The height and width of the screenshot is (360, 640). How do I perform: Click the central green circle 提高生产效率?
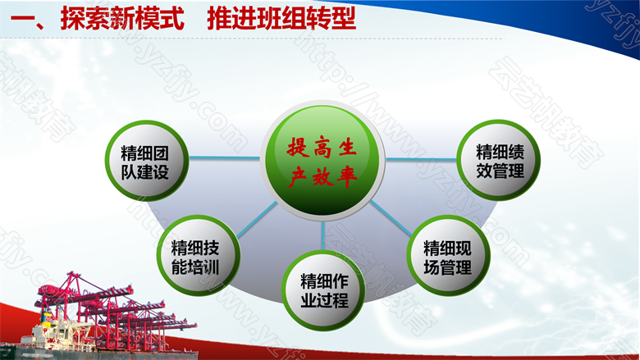point(322,161)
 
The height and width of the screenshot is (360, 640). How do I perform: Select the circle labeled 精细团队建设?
point(147,161)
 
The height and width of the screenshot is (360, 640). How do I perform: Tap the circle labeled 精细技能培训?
point(199,256)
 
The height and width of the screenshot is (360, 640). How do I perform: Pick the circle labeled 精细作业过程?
point(323,290)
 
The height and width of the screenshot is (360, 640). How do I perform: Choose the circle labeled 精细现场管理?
point(449,256)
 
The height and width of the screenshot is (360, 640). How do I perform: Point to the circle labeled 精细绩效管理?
point(498,160)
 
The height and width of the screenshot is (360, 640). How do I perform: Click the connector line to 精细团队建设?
point(224,157)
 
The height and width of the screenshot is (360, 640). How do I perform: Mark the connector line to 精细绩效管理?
point(421,159)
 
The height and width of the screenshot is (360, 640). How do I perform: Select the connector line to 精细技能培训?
point(257,219)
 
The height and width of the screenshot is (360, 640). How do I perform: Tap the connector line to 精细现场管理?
point(391,218)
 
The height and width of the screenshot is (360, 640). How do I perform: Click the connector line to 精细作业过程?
point(322,235)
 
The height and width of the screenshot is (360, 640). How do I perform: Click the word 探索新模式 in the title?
point(122,19)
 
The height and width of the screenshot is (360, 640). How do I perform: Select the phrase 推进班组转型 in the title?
point(281,19)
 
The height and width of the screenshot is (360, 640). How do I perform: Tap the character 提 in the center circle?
point(297,147)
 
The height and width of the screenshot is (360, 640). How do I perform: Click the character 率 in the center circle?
point(347,177)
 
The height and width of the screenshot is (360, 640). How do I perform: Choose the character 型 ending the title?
point(344,19)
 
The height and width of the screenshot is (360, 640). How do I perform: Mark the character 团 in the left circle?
point(161,153)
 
